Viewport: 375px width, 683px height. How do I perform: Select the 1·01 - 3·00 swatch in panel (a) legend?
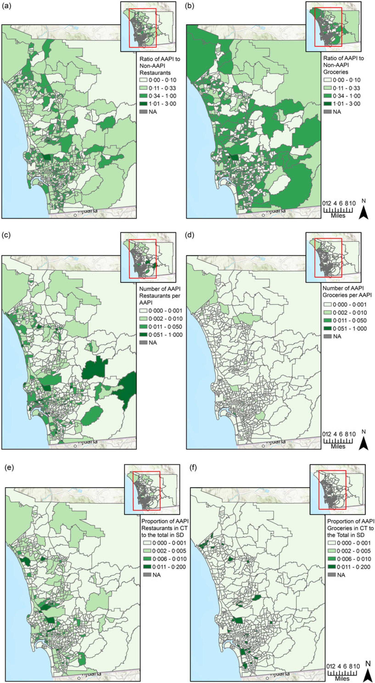(x=143, y=104)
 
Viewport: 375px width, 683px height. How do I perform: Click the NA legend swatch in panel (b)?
(x=327, y=112)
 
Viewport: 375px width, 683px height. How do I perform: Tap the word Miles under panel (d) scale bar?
(x=338, y=446)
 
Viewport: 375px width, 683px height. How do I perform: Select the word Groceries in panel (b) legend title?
(x=336, y=72)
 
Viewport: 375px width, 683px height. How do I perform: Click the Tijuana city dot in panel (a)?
(x=75, y=215)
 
